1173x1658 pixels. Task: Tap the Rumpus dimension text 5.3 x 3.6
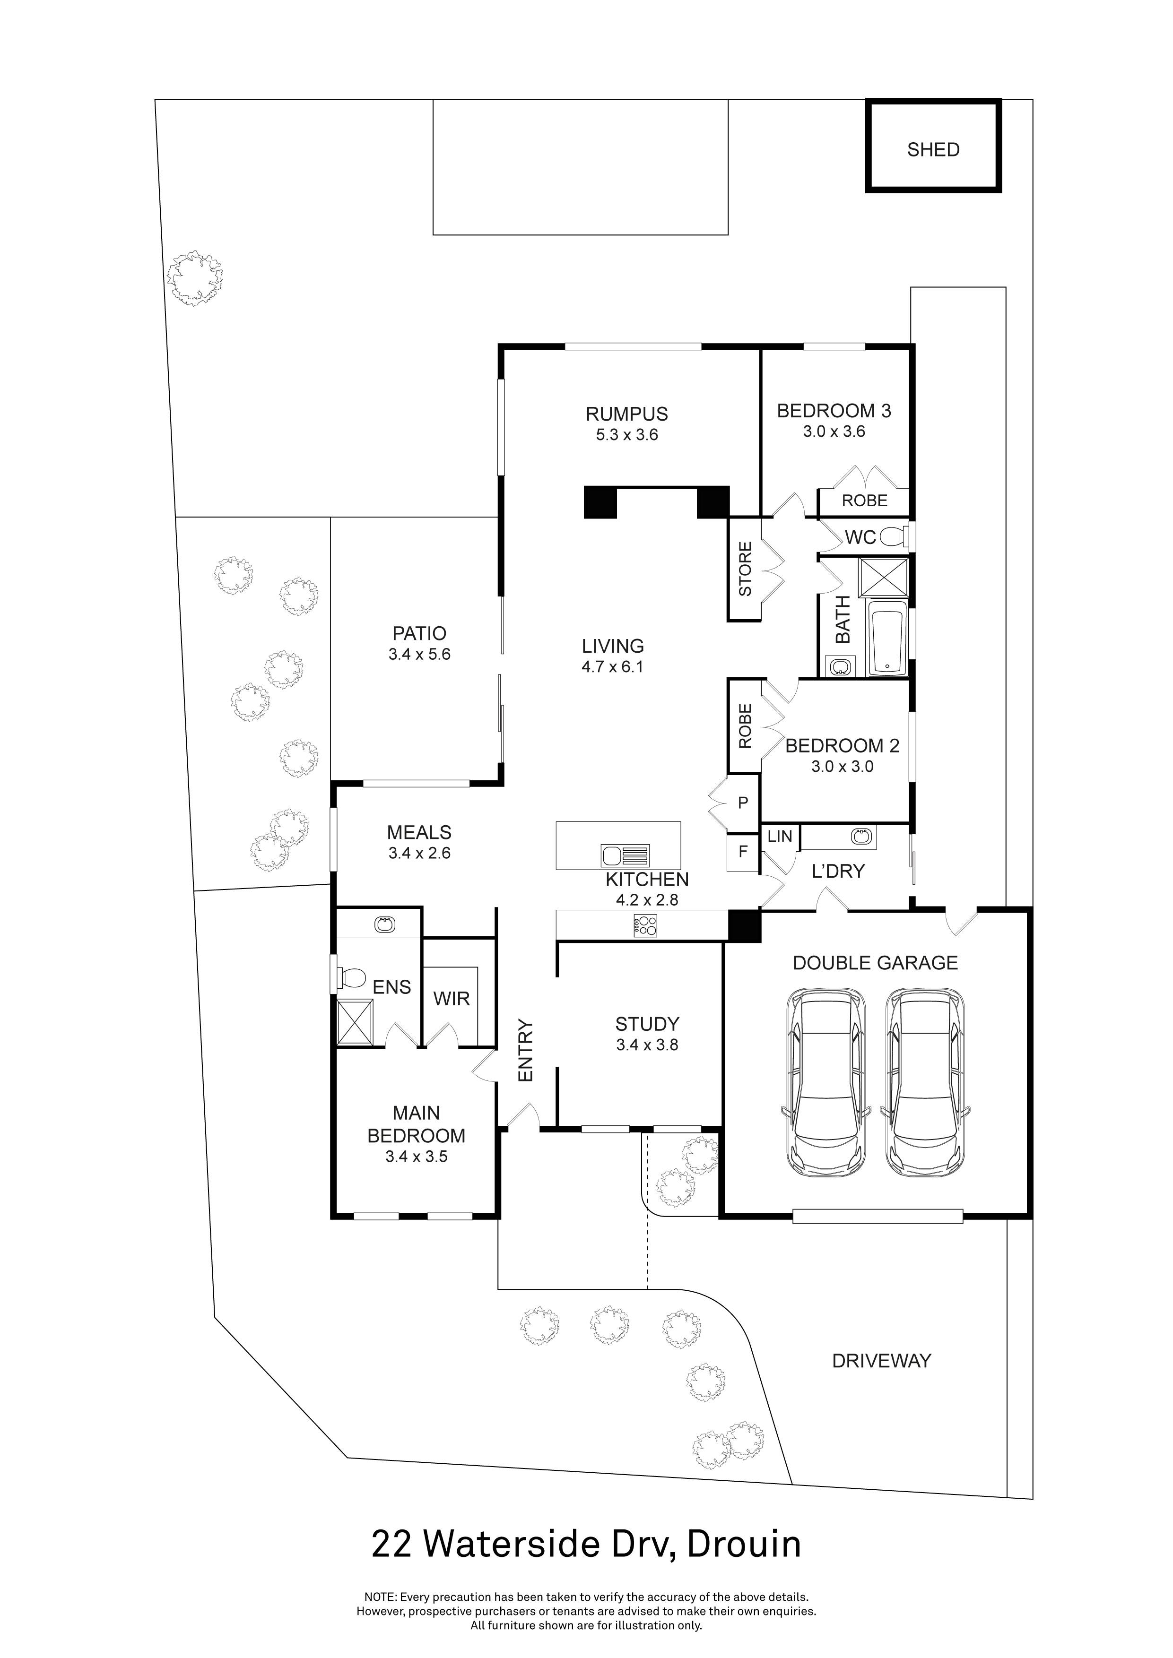pos(626,435)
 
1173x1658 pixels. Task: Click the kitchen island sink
pos(625,856)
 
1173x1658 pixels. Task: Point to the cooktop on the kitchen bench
pos(645,926)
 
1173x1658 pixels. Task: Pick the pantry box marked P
pos(742,803)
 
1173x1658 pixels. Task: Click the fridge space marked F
pos(742,852)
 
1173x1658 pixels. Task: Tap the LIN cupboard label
pos(779,836)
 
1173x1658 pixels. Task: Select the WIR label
pos(452,999)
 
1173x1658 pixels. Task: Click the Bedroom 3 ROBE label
pos(864,501)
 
